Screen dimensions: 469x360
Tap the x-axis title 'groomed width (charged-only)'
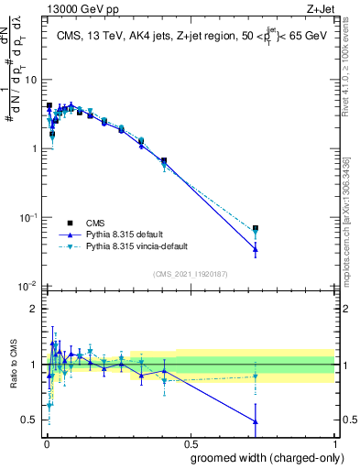pyautogui.click(x=261, y=457)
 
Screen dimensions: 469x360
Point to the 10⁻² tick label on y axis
pyautogui.click(x=27, y=286)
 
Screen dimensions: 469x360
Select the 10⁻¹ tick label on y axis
pyautogui.click(x=27, y=217)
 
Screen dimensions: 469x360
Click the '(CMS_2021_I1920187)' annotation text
pyautogui.click(x=191, y=273)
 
